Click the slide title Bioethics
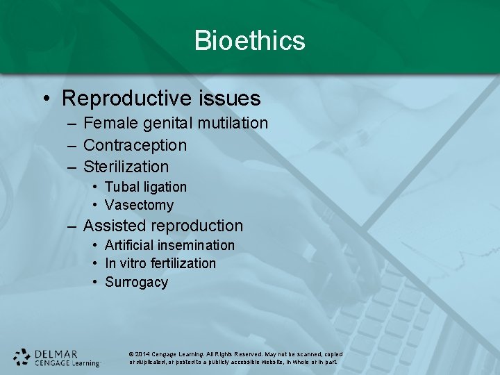[x=250, y=40]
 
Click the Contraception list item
[x=135, y=146]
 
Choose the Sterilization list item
[x=126, y=167]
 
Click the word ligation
[x=165, y=187]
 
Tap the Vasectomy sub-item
[x=139, y=206]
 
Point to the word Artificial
[x=129, y=246]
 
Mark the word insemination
[x=196, y=246]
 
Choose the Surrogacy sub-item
[x=136, y=283]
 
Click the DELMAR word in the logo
[x=56, y=353]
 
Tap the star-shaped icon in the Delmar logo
[x=22, y=357]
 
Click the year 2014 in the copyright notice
[x=144, y=354]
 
